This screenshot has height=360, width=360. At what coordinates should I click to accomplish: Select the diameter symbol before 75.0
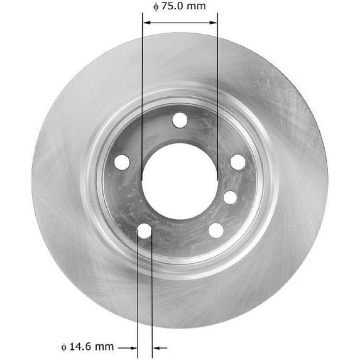[156, 7]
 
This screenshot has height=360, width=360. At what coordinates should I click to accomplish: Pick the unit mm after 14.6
[107, 346]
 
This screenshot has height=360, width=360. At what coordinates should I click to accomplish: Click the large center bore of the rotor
[180, 182]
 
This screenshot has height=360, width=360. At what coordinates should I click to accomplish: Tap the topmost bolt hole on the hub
[180, 120]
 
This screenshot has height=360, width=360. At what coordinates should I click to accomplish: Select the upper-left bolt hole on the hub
[122, 161]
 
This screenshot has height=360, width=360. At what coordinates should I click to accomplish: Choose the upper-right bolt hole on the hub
[237, 161]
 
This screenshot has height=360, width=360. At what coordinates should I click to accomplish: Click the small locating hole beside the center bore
[230, 197]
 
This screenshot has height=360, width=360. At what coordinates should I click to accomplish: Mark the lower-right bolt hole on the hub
[215, 230]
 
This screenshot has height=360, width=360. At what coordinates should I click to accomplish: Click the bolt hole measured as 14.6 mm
[145, 231]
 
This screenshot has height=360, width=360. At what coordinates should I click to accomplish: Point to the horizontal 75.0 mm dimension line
[180, 22]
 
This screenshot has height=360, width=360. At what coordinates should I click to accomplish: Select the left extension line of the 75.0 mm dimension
[143, 94]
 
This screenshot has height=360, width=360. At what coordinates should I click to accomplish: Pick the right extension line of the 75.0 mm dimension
[217, 94]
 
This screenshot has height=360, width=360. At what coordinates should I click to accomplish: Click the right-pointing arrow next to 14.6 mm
[129, 346]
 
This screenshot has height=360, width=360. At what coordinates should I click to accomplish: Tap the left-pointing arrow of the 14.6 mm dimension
[160, 346]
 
